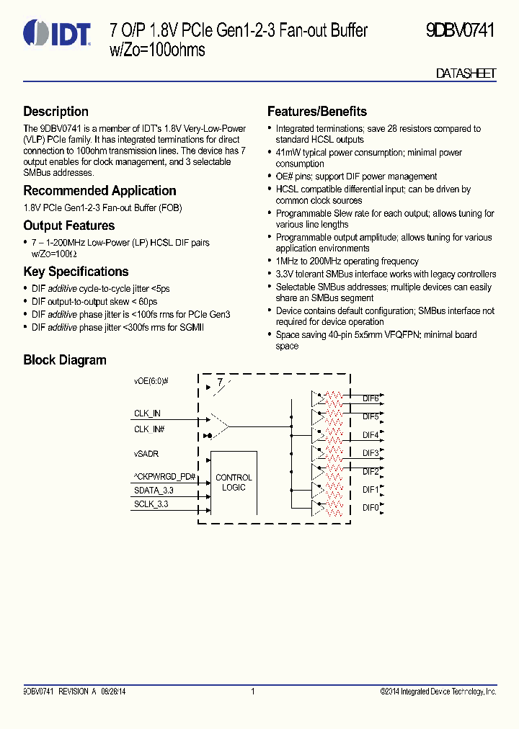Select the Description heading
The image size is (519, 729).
pyautogui.click(x=56, y=112)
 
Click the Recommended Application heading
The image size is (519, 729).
pyautogui.click(x=99, y=191)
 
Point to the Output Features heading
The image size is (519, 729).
pyautogui.click(x=68, y=225)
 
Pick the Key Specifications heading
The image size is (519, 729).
pyautogui.click(x=76, y=272)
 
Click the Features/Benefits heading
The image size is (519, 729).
pyautogui.click(x=316, y=112)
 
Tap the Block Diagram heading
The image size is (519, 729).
pyautogui.click(x=64, y=360)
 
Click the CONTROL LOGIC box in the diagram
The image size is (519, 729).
pyautogui.click(x=234, y=483)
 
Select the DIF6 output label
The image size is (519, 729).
pyautogui.click(x=371, y=398)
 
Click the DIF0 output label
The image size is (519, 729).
pyautogui.click(x=371, y=508)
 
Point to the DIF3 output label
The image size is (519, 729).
pyautogui.click(x=371, y=453)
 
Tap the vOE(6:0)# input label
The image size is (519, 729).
pyautogui.click(x=151, y=380)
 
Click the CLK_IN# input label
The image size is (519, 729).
pyautogui.click(x=149, y=429)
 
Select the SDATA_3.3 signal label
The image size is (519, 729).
pyautogui.click(x=153, y=490)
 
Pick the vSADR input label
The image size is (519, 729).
pyautogui.click(x=146, y=455)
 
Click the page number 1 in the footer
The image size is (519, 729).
pyautogui.click(x=253, y=692)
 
